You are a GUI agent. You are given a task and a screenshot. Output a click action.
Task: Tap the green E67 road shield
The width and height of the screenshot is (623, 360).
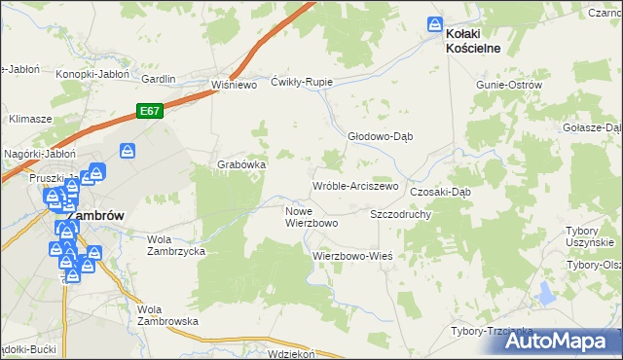pyautogui.click(x=148, y=112)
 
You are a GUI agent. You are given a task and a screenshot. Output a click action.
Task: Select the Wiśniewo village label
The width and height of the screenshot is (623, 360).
pyautogui.click(x=233, y=85)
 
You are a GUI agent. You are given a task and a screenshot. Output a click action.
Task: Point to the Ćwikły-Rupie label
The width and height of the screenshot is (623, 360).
pyautogui.click(x=302, y=82)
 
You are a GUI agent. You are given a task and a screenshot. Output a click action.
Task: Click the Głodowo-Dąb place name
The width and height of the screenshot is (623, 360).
pyautogui.click(x=381, y=136)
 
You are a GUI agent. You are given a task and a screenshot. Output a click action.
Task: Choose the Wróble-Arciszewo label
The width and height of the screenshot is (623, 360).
pyautogui.click(x=355, y=185)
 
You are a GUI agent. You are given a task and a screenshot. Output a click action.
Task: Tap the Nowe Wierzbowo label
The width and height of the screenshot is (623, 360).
pyautogui.click(x=311, y=217)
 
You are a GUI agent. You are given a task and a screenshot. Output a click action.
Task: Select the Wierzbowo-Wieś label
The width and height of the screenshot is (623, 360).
pyautogui.click(x=351, y=255)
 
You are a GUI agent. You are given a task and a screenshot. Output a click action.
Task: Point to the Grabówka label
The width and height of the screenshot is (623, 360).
pyautogui.click(x=241, y=164)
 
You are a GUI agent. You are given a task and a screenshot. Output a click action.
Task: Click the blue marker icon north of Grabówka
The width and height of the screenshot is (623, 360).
pyautogui.click(x=127, y=151)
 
